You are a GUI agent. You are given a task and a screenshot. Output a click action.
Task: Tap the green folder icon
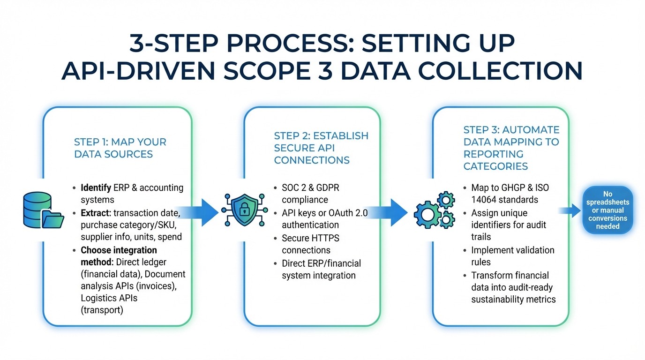pos(52,219)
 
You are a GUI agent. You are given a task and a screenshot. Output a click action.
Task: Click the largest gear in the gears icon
pos(429,215)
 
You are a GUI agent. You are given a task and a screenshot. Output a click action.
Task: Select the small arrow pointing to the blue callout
pos(569,210)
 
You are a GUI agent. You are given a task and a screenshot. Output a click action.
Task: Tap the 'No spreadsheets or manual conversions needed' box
pos(607,210)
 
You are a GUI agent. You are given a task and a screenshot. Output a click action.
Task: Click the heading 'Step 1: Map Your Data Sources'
pos(120,148)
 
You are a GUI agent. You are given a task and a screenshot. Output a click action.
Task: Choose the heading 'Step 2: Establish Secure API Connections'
pos(321,148)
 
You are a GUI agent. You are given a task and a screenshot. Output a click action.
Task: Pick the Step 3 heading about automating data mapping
pos(511,148)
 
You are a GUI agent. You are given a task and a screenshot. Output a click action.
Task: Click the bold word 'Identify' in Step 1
pos(96,187)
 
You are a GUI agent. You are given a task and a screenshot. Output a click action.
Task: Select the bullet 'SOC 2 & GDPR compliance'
pos(310,194)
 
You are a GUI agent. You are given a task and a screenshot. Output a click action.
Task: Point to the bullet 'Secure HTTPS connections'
pos(310,244)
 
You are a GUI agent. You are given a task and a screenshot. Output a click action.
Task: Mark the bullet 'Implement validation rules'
pos(512,256)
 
